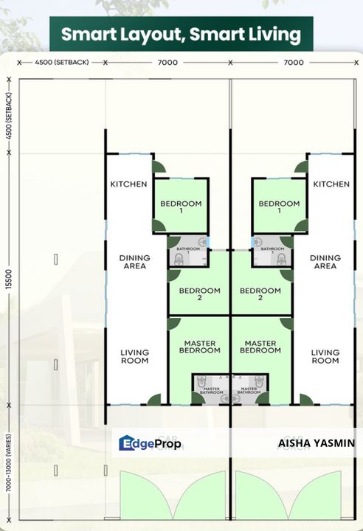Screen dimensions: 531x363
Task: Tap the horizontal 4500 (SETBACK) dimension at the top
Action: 62,63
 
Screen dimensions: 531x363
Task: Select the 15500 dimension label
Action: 9,278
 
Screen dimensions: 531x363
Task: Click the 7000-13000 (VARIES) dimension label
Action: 9,472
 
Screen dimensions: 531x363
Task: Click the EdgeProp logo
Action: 151,443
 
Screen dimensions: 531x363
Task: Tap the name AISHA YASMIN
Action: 317,443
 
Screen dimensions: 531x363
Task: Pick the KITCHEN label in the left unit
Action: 128,184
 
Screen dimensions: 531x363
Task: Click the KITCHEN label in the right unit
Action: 331,184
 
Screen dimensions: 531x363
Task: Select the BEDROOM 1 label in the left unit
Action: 181,206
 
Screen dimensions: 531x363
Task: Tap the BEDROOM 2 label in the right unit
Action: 260,294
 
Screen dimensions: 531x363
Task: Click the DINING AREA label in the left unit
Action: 134,262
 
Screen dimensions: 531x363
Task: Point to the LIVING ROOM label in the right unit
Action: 325,356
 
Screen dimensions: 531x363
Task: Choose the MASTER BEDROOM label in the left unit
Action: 199,347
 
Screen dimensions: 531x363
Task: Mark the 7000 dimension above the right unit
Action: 294,63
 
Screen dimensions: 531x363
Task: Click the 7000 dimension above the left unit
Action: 167,63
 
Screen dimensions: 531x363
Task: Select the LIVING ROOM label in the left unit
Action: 134,356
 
